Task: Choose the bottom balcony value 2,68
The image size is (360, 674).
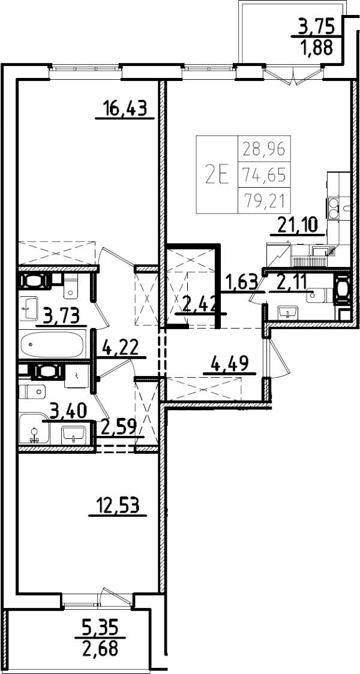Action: tap(101, 648)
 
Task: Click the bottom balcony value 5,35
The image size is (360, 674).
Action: tap(101, 627)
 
